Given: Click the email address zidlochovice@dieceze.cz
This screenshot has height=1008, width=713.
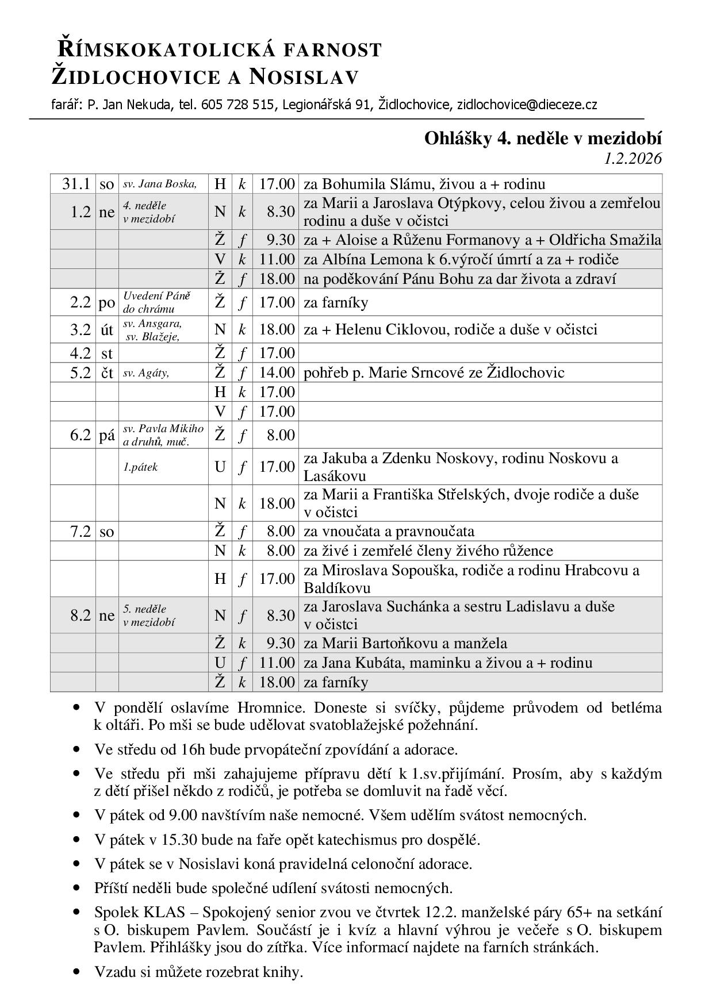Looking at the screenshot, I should pyautogui.click(x=527, y=105).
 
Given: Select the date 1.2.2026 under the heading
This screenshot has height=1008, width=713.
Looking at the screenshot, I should pyautogui.click(x=632, y=158).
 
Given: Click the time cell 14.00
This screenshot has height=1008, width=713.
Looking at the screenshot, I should pyautogui.click(x=277, y=372).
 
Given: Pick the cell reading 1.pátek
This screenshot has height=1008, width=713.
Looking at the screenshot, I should pyautogui.click(x=140, y=467).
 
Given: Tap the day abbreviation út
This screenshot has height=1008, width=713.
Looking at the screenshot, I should pyautogui.click(x=107, y=330).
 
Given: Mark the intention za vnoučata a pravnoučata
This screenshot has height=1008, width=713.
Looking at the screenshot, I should pyautogui.click(x=389, y=531).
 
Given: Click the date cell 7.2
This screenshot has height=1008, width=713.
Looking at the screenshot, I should pyautogui.click(x=80, y=532).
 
